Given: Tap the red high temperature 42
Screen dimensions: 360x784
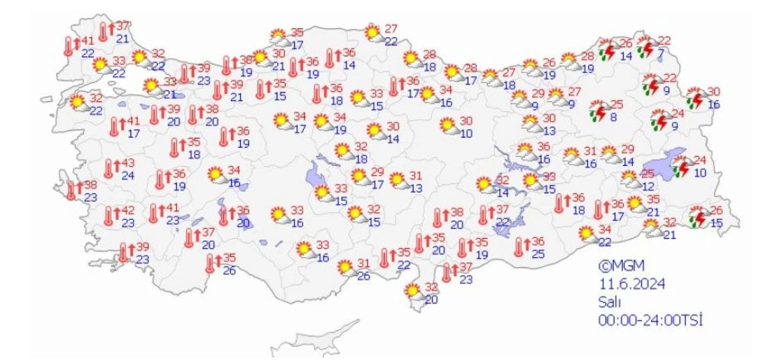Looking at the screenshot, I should coord(128,211).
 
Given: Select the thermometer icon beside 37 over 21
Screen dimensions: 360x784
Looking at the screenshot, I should coord(104,31).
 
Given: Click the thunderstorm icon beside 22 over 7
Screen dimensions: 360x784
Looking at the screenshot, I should coord(645,47).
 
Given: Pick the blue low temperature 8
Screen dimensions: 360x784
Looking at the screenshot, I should coord(612,116).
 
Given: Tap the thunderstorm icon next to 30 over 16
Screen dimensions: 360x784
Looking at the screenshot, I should coord(695,99).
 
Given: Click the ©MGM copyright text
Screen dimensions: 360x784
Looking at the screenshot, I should coord(621,266).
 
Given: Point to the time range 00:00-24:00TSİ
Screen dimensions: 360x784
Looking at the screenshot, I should coord(650,320).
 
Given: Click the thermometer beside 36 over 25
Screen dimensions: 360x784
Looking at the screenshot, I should coord(520,247).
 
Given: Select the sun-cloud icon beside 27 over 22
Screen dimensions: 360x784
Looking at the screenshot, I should coord(374,33).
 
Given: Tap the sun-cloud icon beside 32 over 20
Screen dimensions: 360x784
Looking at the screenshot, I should coord(414,292).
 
